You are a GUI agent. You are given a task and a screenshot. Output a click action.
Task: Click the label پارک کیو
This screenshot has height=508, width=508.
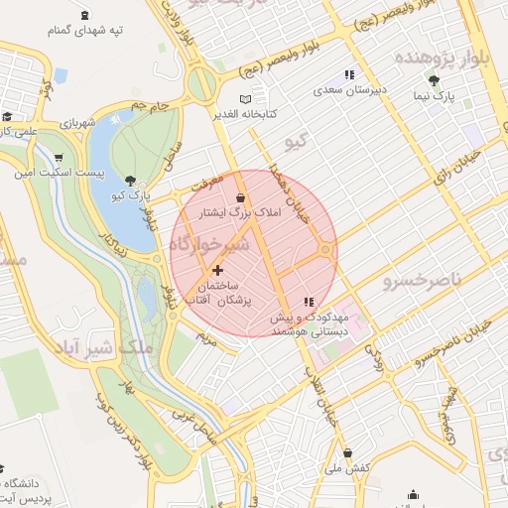point(132,194)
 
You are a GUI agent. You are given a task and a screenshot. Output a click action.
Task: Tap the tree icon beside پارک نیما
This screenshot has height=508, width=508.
point(434,79)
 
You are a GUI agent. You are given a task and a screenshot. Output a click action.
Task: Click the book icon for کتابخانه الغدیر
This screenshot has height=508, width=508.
point(245,98)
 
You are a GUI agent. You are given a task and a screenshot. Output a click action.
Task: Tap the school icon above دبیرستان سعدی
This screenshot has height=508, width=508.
point(347,73)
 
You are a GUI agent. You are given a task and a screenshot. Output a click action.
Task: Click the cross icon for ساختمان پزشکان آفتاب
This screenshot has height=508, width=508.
point(218,270)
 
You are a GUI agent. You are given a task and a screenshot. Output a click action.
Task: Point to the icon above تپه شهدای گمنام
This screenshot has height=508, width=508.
point(82,14)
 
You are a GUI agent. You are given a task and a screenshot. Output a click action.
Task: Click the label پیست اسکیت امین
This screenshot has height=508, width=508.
point(45,173)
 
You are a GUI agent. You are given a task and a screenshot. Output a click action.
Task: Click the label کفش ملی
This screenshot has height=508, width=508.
point(348,466)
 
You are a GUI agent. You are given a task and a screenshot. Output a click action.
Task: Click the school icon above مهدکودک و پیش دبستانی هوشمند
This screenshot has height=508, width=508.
point(308,301)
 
